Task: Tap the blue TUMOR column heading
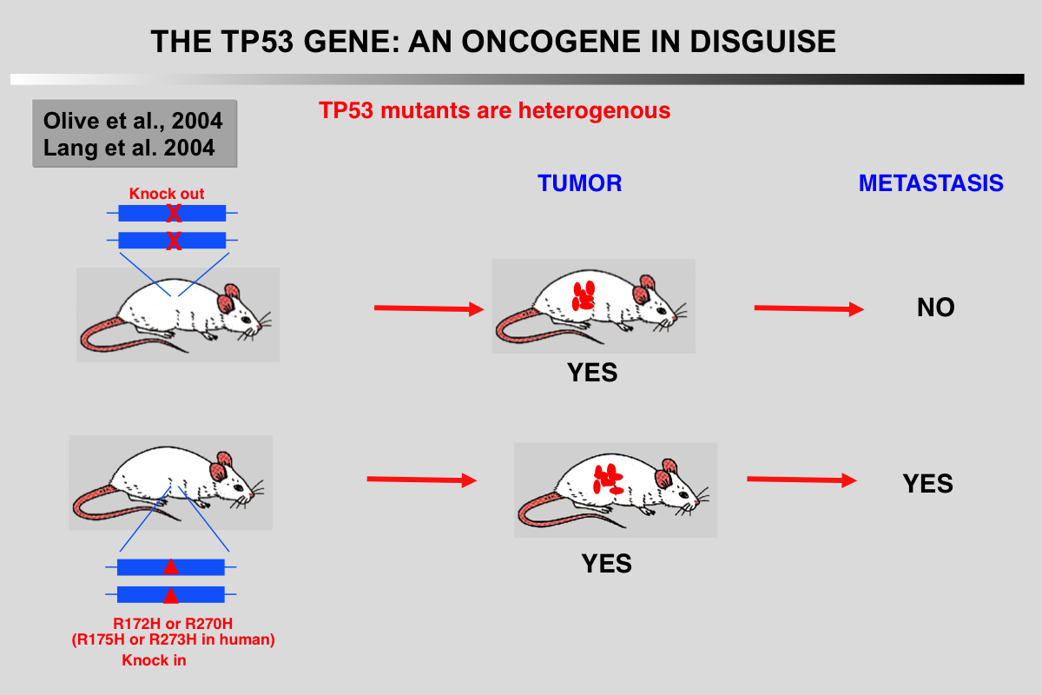tap(579, 183)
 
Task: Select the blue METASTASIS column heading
tap(931, 183)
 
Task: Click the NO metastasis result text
tap(935, 308)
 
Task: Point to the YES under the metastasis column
tap(927, 484)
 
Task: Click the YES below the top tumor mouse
tap(592, 373)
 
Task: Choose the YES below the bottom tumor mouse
tap(606, 564)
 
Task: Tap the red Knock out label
tap(167, 194)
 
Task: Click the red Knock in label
tap(154, 660)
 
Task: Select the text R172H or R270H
tap(173, 624)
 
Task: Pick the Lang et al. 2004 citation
tap(129, 148)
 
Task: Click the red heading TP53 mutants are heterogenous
tap(494, 111)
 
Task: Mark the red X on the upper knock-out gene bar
tap(174, 213)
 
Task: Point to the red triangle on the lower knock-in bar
tap(171, 595)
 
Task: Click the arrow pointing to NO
tap(808, 308)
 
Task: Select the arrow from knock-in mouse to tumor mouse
tap(422, 480)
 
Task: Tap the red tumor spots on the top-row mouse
tap(584, 295)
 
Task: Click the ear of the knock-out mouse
tap(230, 301)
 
